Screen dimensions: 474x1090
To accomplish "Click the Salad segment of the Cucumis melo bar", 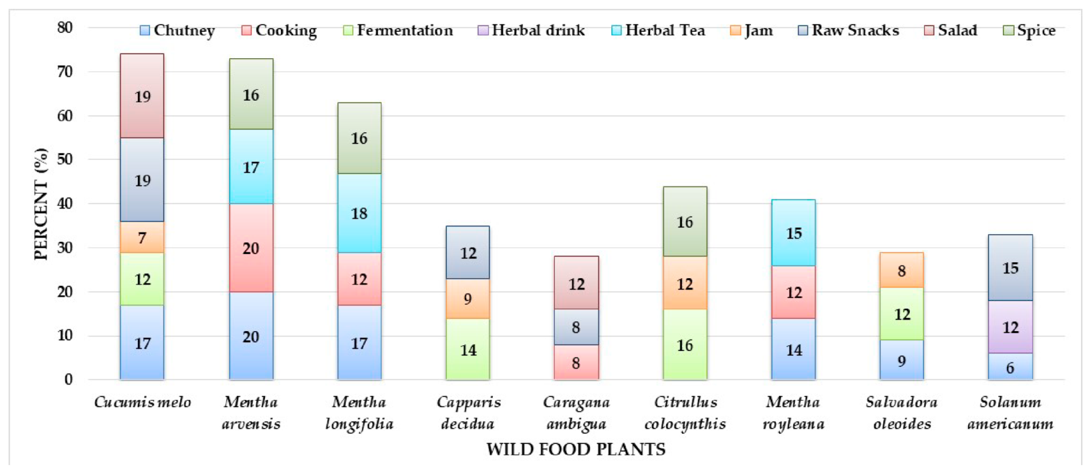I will (142, 96).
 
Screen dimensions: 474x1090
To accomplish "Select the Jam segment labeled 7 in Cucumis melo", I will (142, 237).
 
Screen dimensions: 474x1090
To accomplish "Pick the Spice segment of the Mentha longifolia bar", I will (359, 138).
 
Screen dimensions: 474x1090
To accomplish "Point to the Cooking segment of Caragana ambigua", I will (576, 362).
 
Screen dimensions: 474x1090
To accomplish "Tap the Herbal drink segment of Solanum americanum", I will (1010, 327).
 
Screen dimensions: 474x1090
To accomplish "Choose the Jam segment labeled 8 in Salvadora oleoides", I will (902, 270).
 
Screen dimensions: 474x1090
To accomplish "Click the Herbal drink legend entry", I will (531, 30).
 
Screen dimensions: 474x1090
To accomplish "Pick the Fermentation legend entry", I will (398, 30).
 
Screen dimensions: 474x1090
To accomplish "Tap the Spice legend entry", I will (1029, 30).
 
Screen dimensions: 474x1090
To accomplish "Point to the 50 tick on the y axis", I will (65, 159).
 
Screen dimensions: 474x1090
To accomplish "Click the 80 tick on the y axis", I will (65, 28).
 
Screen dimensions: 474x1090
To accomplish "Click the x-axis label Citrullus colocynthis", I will (685, 413).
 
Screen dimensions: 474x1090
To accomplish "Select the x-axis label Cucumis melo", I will (142, 402).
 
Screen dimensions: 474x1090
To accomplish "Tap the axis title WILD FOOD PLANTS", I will (575, 450).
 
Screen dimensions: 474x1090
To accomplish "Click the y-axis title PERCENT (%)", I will (40, 203).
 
